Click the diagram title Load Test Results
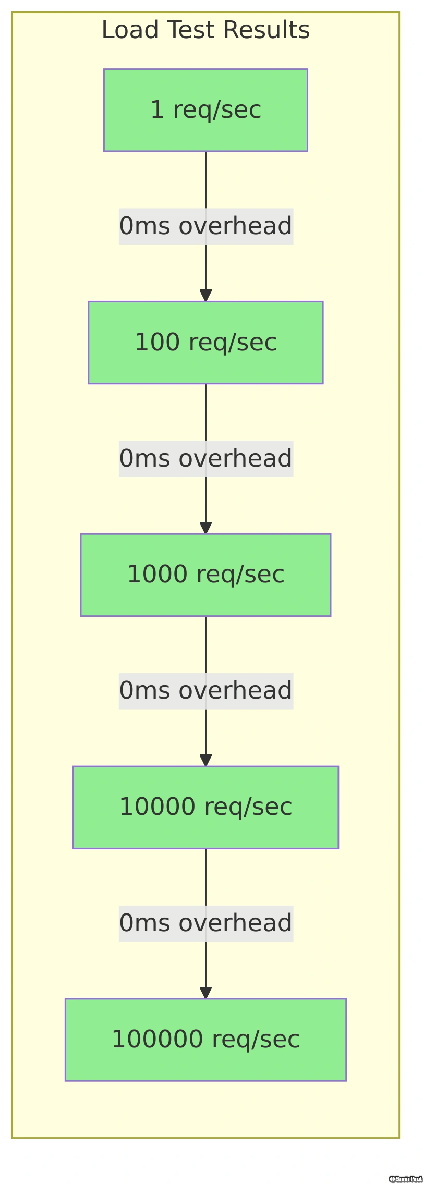pos(205,30)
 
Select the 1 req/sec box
pos(205,110)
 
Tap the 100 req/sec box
pos(205,343)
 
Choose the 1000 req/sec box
pos(205,575)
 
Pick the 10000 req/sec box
pos(205,807)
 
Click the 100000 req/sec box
pos(205,1040)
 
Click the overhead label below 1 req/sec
pos(205,226)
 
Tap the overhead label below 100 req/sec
pos(205,459)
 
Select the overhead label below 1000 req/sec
pos(205,691)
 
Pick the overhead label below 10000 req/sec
pos(205,923)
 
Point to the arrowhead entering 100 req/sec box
pos(205,295)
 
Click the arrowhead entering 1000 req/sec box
pos(205,528)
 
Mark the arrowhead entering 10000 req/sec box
pos(205,760)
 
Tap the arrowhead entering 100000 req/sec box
pos(205,993)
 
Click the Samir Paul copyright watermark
pos(405,1179)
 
